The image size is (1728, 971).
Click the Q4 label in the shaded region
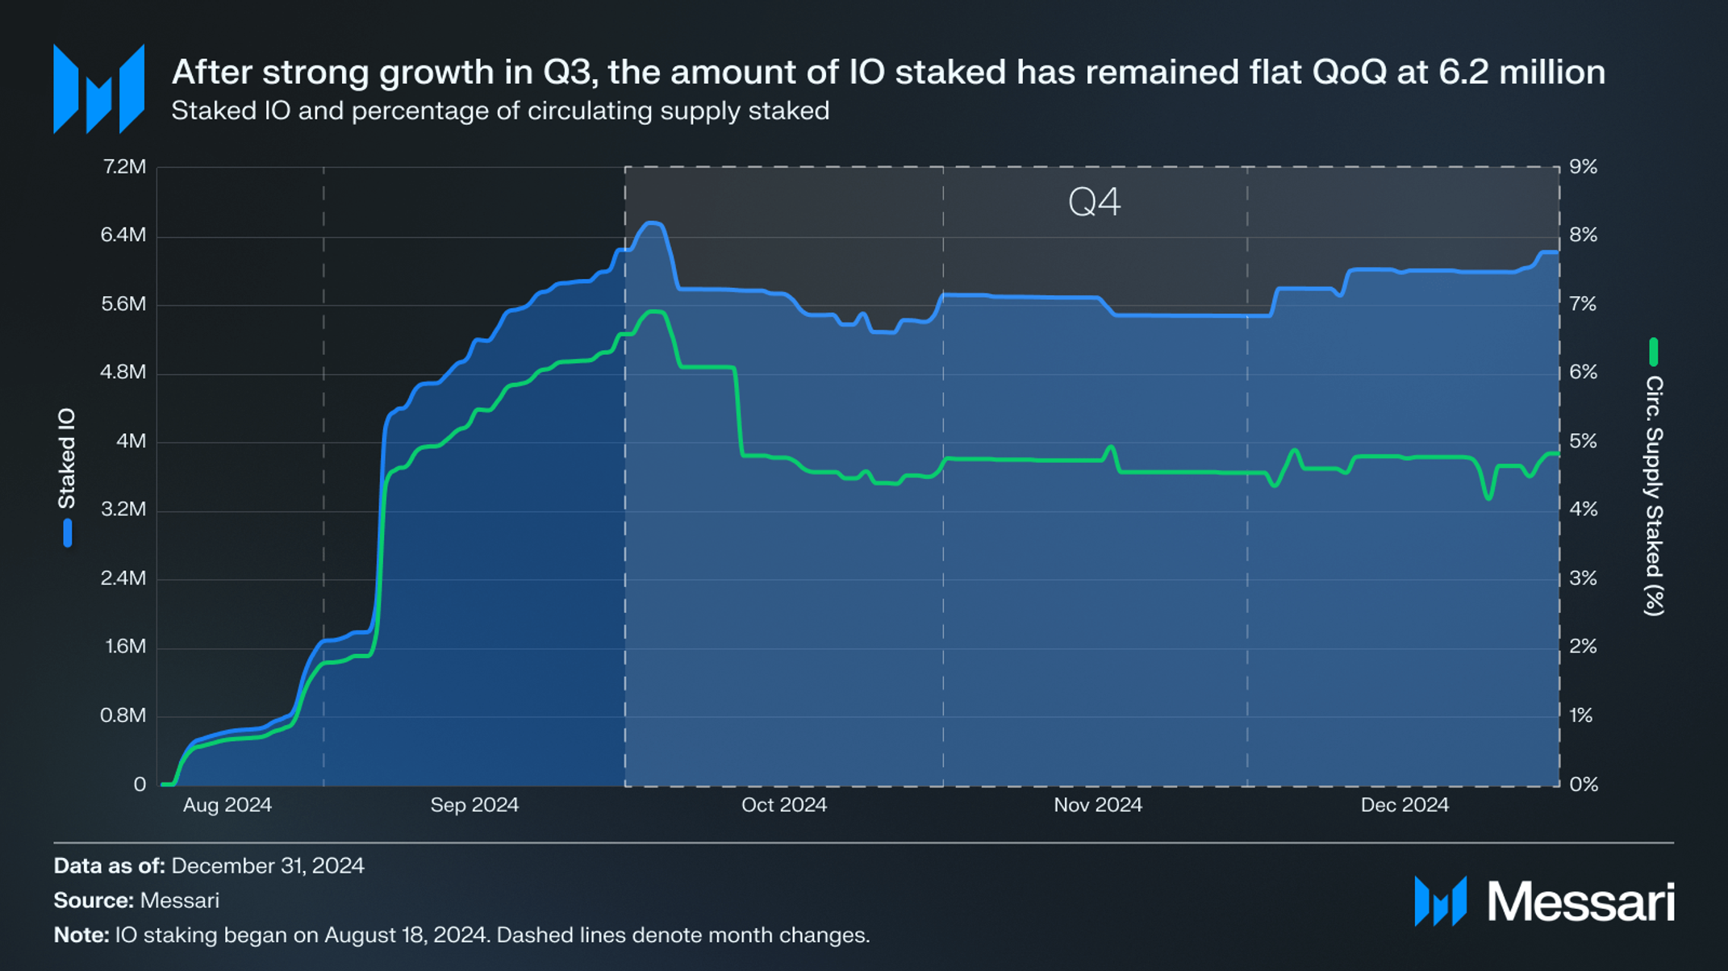pos(1094,202)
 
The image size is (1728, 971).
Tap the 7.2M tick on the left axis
pos(124,167)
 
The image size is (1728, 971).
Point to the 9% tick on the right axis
pos(1583,167)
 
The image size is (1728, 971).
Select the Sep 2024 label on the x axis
pos(474,805)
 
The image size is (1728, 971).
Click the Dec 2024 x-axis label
pos(1405,805)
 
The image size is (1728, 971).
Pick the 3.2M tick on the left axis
pos(124,510)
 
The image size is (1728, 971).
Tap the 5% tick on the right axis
pos(1583,441)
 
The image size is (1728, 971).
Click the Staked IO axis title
pos(67,458)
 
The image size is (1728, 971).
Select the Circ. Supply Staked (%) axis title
pos(1654,495)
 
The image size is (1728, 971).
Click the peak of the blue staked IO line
pos(653,223)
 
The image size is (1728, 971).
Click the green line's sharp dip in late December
pos(1488,498)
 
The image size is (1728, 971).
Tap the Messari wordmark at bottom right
pos(1580,902)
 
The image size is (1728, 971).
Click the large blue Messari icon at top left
pos(98,89)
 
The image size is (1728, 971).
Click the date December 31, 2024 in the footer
pos(268,866)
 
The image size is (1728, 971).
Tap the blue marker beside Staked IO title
pos(68,533)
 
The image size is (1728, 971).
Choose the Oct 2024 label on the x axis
pos(784,805)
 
